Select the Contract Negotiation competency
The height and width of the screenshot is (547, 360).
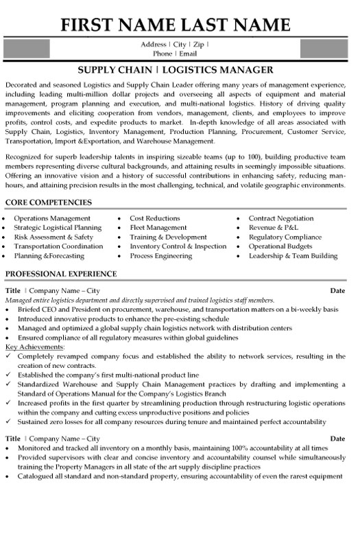pyautogui.click(x=282, y=218)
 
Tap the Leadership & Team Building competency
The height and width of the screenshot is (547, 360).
pyautogui.click(x=293, y=256)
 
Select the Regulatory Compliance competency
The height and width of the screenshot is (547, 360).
pyautogui.click(x=285, y=237)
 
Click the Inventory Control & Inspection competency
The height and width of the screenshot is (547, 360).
pyautogui.click(x=178, y=246)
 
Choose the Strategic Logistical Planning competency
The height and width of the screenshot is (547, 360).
pyautogui.click(x=58, y=227)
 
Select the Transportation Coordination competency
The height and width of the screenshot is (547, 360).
pyautogui.click(x=58, y=246)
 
